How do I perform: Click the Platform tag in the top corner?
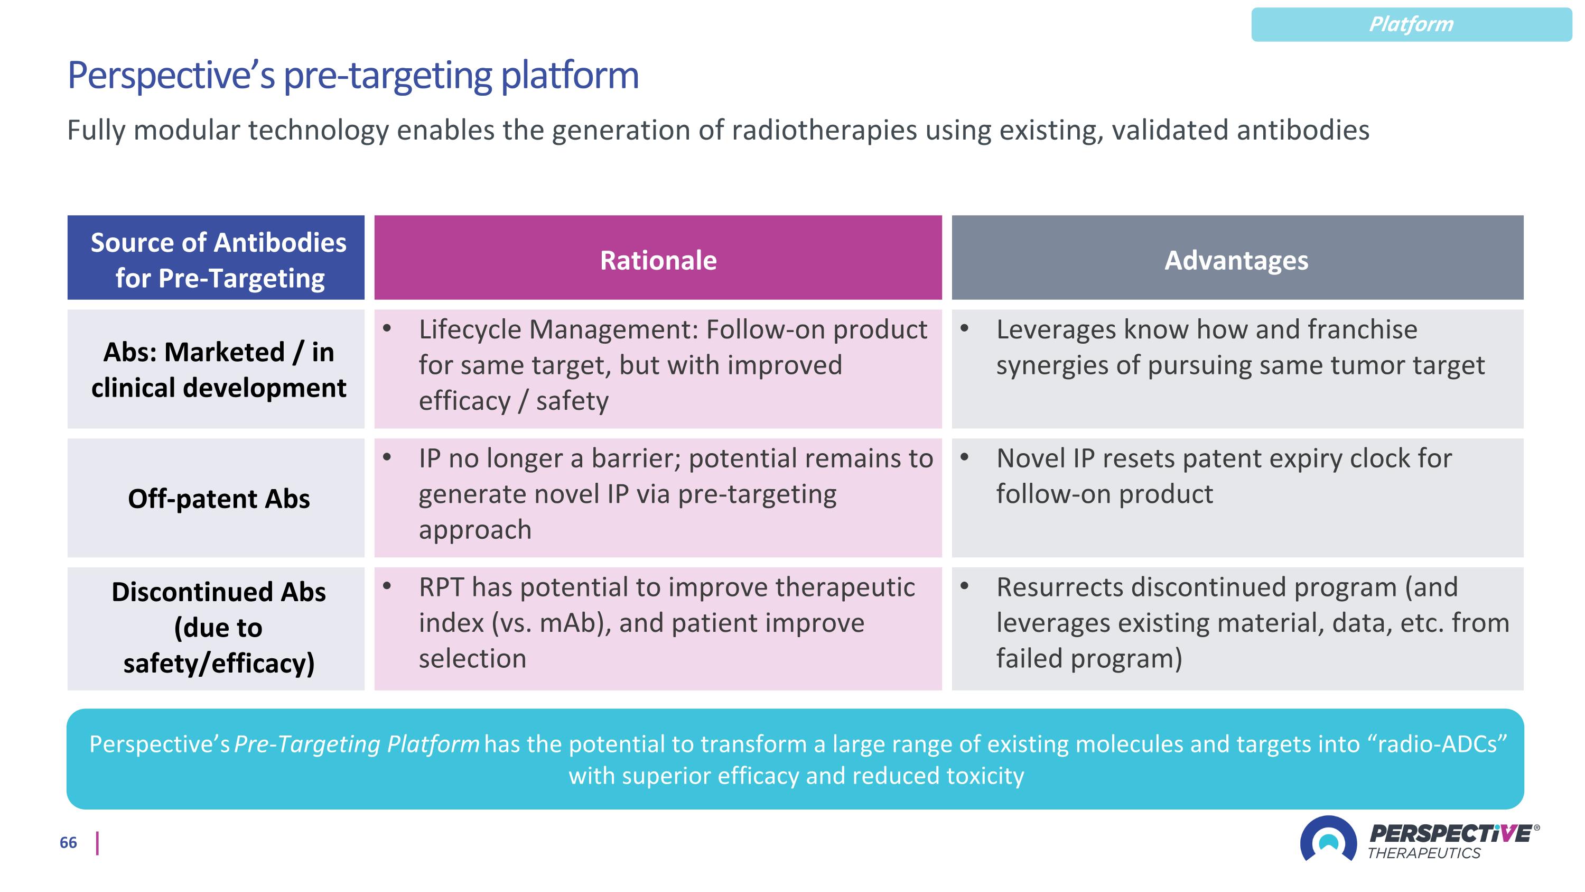tap(1410, 25)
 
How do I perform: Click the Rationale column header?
tap(658, 260)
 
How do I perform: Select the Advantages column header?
tap(1236, 260)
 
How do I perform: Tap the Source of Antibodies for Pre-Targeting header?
tap(218, 260)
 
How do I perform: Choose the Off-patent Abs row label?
tap(218, 498)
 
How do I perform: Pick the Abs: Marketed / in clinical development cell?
tap(218, 370)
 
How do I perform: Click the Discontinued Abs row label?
tap(218, 627)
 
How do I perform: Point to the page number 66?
tap(68, 843)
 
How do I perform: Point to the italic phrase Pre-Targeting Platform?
tap(357, 744)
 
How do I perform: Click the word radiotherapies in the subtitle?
tap(824, 131)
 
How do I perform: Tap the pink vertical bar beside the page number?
tap(97, 843)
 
